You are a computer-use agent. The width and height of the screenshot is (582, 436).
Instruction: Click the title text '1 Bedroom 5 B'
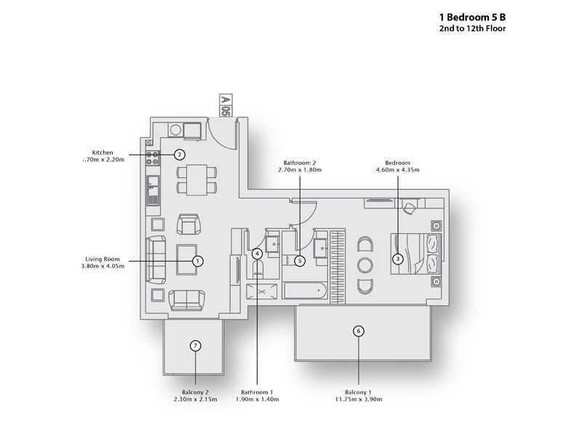[472, 15]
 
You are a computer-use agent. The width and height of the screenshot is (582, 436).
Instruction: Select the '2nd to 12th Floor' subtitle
[472, 28]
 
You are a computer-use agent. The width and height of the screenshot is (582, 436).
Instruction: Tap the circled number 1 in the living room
[196, 259]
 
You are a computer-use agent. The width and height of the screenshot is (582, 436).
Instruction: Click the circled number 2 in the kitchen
[180, 154]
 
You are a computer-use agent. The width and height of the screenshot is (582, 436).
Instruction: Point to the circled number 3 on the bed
[397, 258]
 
